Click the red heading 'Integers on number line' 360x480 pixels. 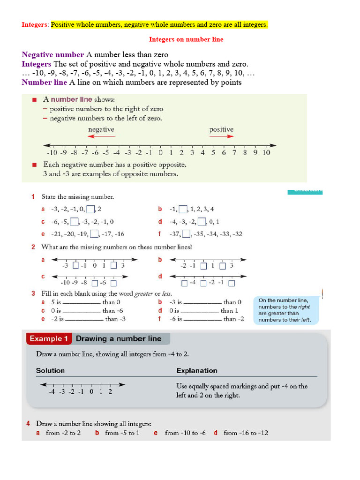(186, 39)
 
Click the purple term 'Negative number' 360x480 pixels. (52, 55)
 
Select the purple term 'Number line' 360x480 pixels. (45, 83)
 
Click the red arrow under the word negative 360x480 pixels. (101, 136)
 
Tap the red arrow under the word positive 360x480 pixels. (221, 136)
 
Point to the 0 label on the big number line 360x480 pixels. (160, 153)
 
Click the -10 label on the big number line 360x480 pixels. (52, 153)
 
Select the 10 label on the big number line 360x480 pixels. (266, 153)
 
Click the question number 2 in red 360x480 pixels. (33, 247)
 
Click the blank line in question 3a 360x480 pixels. (82, 303)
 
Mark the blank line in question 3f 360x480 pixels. (202, 320)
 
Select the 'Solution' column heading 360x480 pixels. (50, 371)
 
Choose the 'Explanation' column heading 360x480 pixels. (197, 371)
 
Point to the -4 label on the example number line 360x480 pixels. (52, 392)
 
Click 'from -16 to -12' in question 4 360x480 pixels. (246, 433)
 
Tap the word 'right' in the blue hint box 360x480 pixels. (303, 307)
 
